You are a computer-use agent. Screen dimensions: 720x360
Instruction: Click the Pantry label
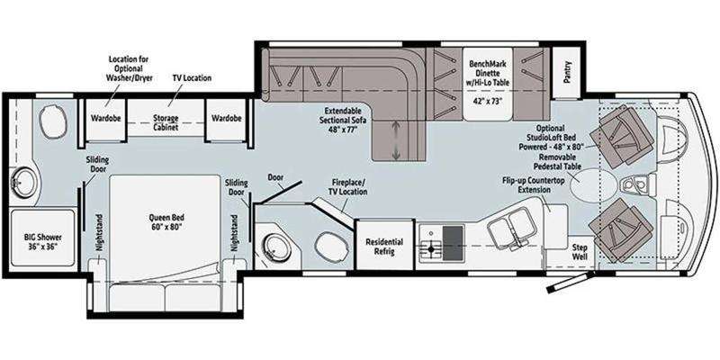(x=568, y=72)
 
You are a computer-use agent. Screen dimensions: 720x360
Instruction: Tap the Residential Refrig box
(x=384, y=245)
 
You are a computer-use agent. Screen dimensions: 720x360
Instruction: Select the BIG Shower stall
(x=42, y=238)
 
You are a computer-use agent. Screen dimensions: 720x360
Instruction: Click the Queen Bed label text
(x=164, y=221)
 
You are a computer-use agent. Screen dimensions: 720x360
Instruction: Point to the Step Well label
(x=579, y=252)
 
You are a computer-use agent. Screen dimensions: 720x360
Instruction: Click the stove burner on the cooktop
(x=431, y=249)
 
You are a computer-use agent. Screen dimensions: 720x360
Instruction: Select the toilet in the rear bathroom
(x=53, y=121)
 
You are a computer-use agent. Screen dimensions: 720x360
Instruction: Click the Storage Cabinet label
(x=166, y=123)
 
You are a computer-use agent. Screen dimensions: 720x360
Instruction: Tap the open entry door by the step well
(x=568, y=282)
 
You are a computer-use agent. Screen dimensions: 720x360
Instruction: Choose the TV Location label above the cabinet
(x=192, y=78)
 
